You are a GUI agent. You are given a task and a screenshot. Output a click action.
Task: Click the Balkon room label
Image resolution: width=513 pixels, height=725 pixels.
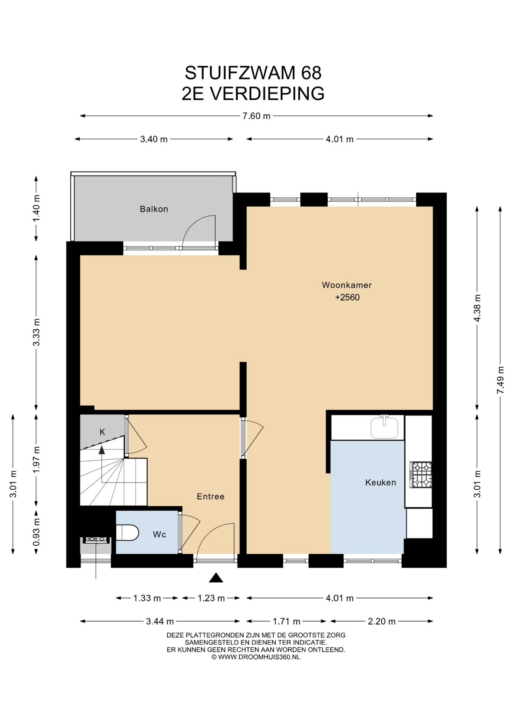click(154, 209)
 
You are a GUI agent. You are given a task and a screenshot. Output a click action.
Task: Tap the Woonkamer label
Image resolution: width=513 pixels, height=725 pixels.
click(347, 285)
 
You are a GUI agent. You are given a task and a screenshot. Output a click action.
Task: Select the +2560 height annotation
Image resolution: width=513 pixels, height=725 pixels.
click(347, 297)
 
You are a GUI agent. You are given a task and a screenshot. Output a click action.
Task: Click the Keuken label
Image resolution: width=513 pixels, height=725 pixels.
click(380, 482)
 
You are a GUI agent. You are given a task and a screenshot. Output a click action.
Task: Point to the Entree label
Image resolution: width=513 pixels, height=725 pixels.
click(210, 497)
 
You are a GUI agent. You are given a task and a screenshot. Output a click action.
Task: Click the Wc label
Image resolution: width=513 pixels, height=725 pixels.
click(159, 534)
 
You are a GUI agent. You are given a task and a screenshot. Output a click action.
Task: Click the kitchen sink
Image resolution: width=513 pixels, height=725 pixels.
click(384, 427)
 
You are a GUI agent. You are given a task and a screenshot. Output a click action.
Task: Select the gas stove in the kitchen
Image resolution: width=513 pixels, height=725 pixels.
click(421, 475)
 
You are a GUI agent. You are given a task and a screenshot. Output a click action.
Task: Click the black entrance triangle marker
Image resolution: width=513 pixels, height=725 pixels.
click(216, 578)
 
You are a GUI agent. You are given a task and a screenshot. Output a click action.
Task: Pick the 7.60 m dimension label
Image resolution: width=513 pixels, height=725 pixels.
click(256, 116)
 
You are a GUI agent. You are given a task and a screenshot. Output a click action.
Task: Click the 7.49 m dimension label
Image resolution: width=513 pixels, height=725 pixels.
click(500, 380)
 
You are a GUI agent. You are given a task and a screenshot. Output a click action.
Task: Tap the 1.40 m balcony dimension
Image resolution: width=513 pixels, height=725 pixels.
click(36, 208)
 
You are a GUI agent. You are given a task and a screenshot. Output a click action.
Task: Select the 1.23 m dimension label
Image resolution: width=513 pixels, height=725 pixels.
click(211, 598)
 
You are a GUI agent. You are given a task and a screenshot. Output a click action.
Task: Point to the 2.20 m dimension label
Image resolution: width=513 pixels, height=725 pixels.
click(382, 622)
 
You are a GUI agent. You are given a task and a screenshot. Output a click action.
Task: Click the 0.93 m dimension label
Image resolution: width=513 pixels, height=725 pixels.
click(36, 532)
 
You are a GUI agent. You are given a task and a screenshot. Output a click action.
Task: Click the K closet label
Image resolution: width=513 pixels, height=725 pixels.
click(102, 432)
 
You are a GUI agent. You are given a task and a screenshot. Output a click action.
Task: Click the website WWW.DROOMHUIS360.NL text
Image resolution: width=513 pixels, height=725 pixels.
click(259, 657)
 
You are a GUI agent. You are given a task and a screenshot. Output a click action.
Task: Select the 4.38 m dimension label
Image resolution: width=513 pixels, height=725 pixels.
click(477, 308)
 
